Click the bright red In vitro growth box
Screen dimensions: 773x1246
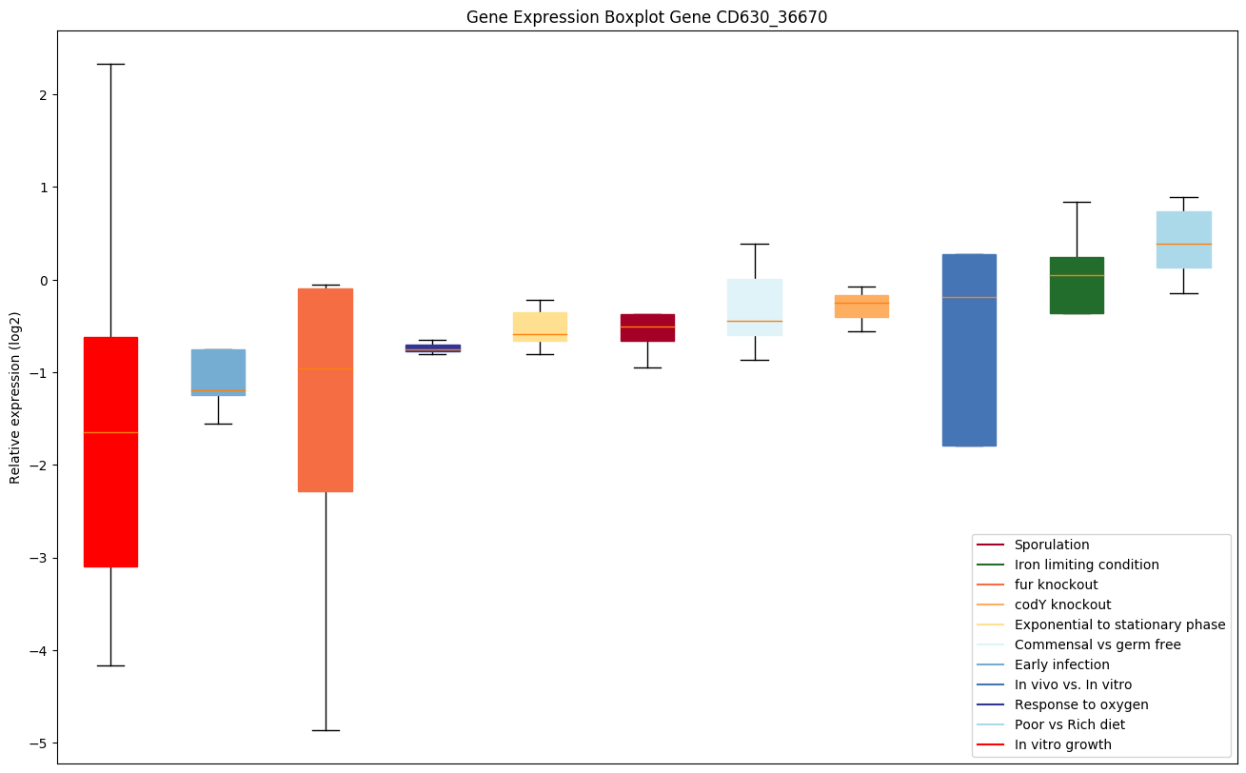tap(110, 451)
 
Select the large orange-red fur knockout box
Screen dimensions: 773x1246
tap(326, 389)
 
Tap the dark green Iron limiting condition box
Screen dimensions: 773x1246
tap(1077, 285)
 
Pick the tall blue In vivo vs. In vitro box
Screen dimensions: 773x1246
tap(969, 349)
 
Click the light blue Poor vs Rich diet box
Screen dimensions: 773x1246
tap(1183, 239)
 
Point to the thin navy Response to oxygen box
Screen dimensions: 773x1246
tap(433, 347)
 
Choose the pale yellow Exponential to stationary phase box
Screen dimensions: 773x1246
tap(540, 327)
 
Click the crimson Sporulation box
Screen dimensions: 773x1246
tap(647, 327)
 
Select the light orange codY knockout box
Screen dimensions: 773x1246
tap(861, 306)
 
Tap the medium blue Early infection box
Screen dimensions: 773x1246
tap(218, 372)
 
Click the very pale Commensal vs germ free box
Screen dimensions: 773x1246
tap(755, 307)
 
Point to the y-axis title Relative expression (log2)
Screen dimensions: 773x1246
tap(15, 396)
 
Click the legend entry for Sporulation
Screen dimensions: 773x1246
tap(1051, 545)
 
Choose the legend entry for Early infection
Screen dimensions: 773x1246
tap(1061, 664)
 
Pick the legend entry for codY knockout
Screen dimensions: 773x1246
tap(1062, 605)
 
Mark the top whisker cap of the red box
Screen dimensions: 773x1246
tap(110, 64)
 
